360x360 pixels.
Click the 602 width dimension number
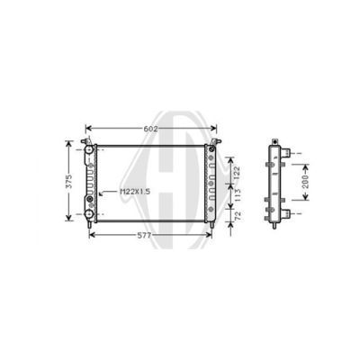tap(150, 129)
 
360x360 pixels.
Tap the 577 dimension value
tap(144, 236)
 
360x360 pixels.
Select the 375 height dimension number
tap(69, 181)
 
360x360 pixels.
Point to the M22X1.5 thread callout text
tap(135, 192)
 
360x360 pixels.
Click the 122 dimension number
tap(237, 172)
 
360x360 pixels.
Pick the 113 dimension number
tap(237, 195)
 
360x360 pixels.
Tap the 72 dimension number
tap(238, 216)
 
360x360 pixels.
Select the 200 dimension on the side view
tap(305, 182)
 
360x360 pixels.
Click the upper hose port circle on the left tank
tap(89, 149)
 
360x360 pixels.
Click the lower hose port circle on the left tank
tap(89, 214)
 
